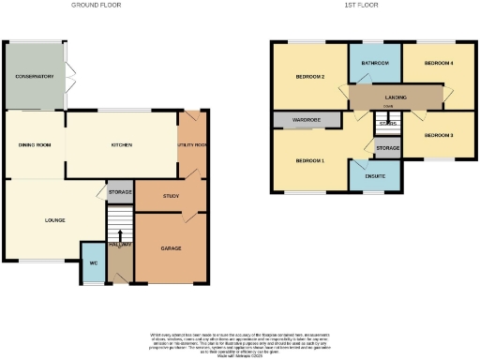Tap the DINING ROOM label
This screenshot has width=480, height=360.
point(33,145)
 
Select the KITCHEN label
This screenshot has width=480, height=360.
point(121,145)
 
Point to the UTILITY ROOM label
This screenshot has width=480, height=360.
point(191,145)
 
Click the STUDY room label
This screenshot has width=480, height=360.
point(171,196)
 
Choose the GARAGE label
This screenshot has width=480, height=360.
point(171,247)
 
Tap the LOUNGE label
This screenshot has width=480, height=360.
point(53,220)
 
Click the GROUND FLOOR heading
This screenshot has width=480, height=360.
point(97,5)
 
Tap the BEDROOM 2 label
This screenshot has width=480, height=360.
point(310,77)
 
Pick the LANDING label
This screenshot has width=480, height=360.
point(393,96)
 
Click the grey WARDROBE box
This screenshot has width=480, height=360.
point(294,120)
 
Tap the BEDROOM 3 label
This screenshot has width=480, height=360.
point(438,136)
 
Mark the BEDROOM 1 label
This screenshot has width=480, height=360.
point(310,161)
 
